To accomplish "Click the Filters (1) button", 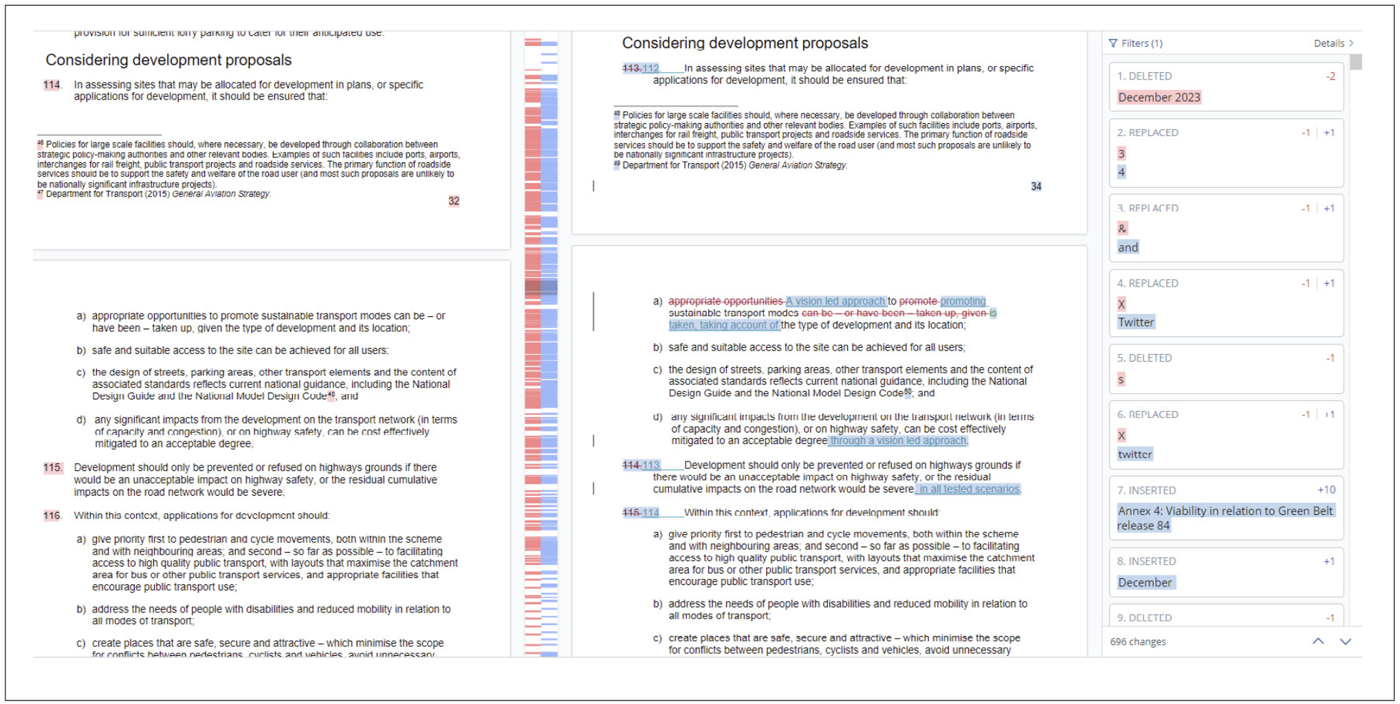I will (1135, 43).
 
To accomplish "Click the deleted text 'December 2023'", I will (1159, 98).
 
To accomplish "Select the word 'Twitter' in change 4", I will (1136, 322).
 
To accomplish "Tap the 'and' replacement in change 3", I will (1128, 247).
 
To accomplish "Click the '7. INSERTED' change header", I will (1146, 490).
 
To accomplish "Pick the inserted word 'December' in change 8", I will (1145, 583).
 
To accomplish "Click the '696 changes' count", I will (1138, 641).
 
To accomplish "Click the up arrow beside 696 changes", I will (1317, 641).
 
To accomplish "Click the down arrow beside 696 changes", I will (1346, 641).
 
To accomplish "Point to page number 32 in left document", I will (454, 201).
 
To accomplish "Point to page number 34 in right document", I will (1036, 186).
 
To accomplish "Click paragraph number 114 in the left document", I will (52, 85).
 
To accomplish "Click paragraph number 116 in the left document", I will (52, 516).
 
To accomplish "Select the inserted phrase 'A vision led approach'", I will (835, 301).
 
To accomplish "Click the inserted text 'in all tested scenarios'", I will (969, 489).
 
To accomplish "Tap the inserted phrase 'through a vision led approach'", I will (898, 441).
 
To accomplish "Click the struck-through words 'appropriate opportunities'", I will (725, 301).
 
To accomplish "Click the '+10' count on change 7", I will (1326, 490).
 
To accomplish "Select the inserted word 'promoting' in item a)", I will (963, 301).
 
